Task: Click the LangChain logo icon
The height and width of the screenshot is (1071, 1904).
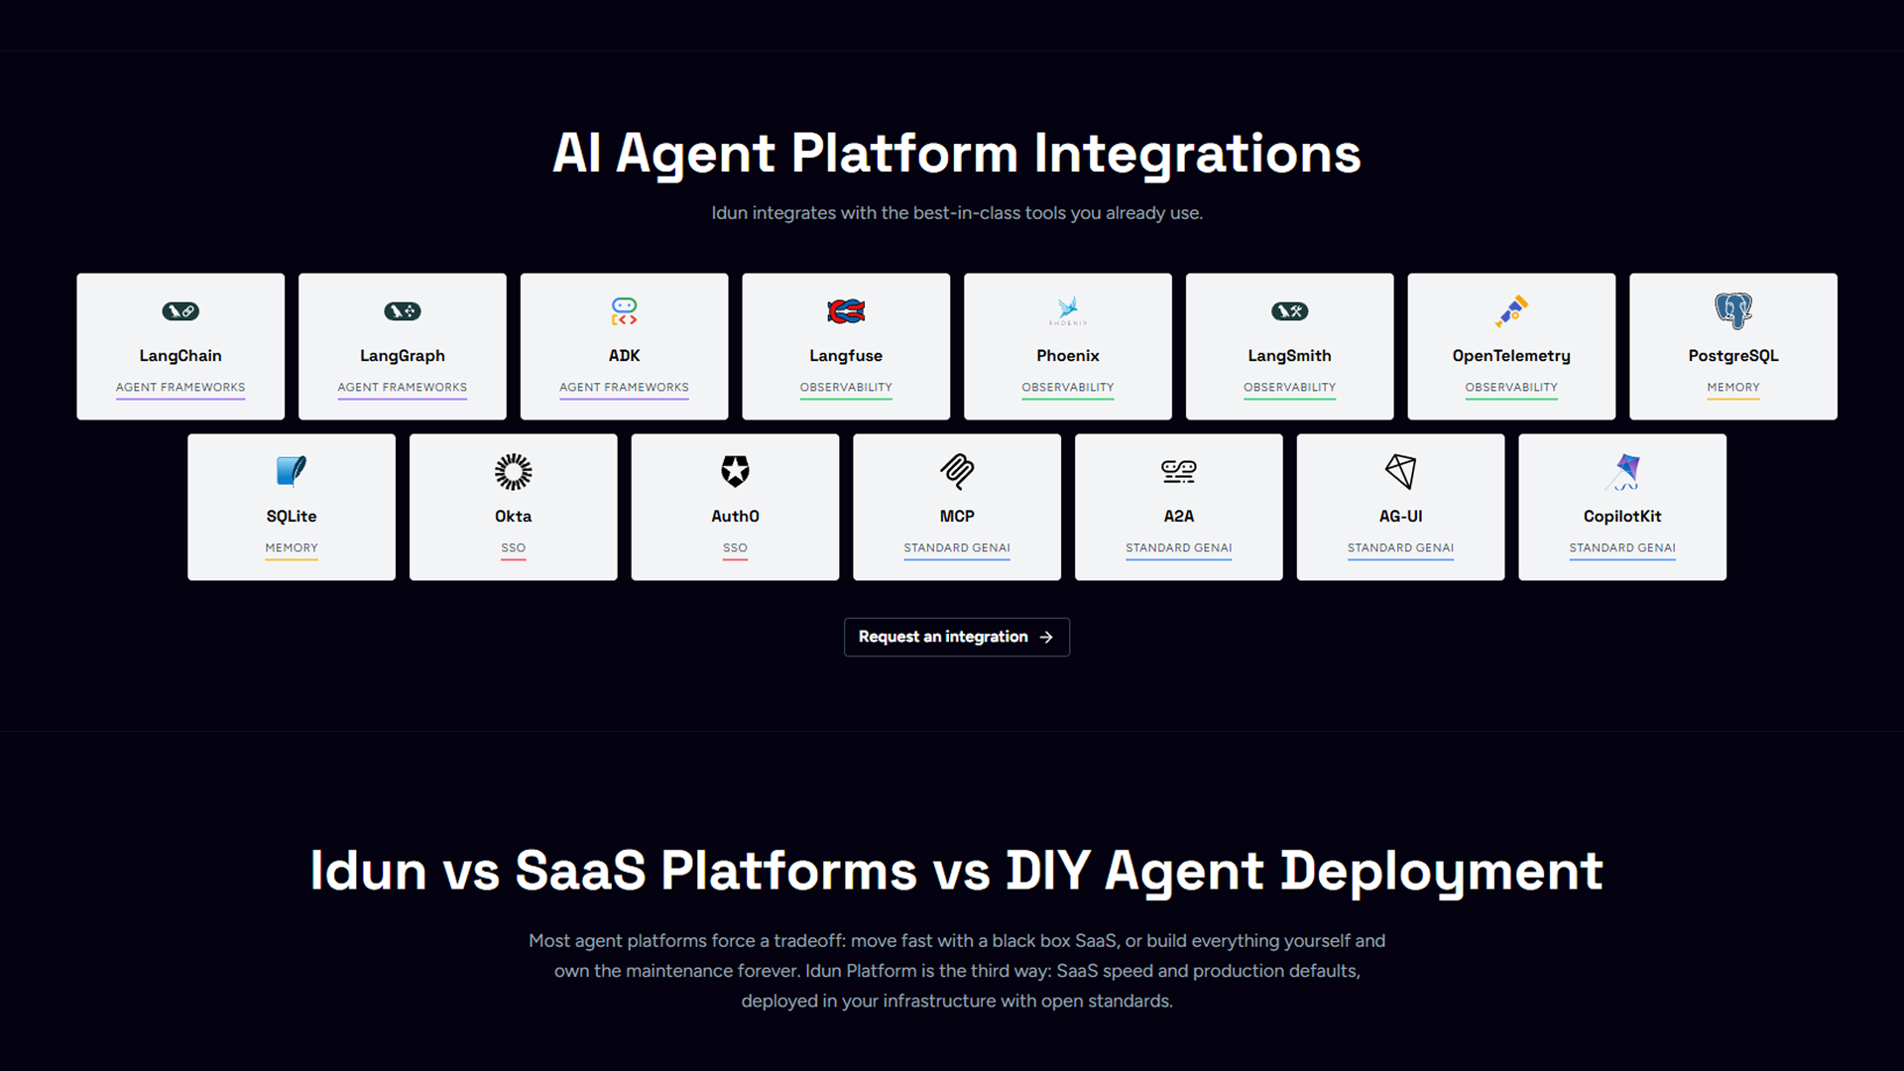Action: point(180,311)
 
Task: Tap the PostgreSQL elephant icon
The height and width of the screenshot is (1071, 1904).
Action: point(1733,310)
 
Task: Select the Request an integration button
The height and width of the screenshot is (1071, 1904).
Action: point(956,637)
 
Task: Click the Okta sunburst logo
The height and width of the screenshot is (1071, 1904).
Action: point(513,472)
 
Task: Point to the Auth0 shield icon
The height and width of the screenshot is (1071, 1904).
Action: point(735,471)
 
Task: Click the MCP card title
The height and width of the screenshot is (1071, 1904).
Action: point(957,516)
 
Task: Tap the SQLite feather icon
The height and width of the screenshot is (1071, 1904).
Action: point(291,471)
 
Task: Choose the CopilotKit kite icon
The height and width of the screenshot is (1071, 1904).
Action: point(1623,472)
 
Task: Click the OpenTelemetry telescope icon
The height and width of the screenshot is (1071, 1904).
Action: point(1511,310)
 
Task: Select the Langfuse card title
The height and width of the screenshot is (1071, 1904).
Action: point(846,355)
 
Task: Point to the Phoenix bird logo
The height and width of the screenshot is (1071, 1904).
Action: point(1068,309)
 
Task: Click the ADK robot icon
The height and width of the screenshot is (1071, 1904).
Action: point(624,311)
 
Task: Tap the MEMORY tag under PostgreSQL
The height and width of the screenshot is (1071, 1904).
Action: point(1733,387)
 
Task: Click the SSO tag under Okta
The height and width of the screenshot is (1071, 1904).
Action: point(513,547)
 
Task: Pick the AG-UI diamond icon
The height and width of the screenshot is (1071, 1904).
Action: point(1400,471)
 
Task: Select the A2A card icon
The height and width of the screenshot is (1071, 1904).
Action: point(1178,471)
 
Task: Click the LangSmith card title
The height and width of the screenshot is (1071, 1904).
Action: point(1289,355)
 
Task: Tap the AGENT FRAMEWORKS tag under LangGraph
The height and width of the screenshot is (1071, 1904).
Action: point(402,387)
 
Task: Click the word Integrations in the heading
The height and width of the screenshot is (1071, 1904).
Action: point(1197,155)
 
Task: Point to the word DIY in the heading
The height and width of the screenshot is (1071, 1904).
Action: point(1047,871)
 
